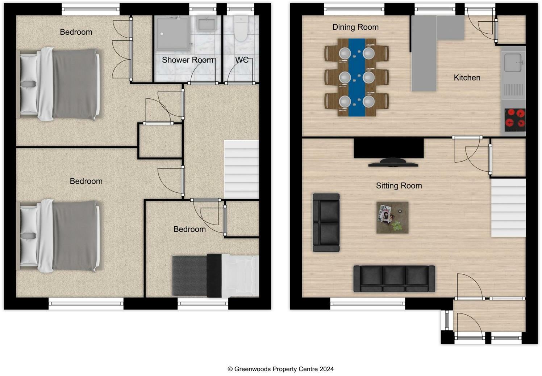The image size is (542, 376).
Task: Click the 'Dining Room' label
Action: (355, 27)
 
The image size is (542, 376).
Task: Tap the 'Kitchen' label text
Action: (467, 77)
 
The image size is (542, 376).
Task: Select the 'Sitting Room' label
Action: (399, 186)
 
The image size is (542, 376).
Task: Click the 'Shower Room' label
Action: (187, 60)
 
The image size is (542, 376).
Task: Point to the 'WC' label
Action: (242, 60)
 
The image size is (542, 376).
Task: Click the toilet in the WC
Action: (241, 28)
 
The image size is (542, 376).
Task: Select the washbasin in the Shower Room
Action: (206, 24)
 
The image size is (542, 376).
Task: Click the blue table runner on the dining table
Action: (357, 78)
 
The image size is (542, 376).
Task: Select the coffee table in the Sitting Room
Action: (392, 217)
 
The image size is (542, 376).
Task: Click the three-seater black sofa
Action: (394, 278)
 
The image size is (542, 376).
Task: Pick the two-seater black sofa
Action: (326, 222)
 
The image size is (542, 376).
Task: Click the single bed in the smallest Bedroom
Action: (215, 275)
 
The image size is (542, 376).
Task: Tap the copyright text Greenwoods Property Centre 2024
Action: (280, 369)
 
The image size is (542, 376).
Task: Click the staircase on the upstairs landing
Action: (241, 169)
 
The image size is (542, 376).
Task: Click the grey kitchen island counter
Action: (424, 54)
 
